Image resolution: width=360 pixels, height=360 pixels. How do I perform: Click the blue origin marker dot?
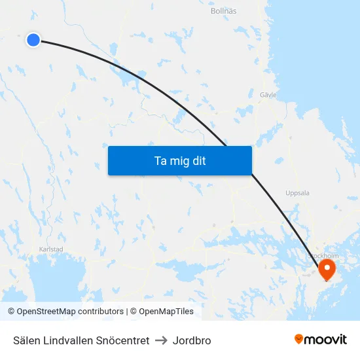pos(33,40)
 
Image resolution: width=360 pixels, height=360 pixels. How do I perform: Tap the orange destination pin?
pos(327,268)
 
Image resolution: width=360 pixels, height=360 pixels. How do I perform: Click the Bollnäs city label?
pos(223,11)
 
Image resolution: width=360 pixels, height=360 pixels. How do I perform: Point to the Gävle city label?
pos(268,95)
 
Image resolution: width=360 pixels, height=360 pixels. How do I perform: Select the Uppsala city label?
pos(297,193)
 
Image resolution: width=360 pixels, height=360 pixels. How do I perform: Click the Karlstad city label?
pos(51,249)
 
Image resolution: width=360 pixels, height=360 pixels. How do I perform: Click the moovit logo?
pos(320,340)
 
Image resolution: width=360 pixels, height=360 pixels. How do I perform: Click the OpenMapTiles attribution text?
pos(166,312)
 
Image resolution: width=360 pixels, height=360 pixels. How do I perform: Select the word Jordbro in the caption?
pos(192,340)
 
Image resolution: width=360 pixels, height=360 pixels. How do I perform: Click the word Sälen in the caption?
pos(26,340)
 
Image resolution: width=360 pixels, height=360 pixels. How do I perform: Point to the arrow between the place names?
pos(161,340)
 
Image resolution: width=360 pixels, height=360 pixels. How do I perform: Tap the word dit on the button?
pos(198,160)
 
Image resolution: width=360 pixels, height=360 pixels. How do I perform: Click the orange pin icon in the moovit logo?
pos(299,339)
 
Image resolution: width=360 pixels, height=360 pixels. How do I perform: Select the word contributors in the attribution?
pos(100,312)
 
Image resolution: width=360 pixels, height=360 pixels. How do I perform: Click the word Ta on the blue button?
pos(160,160)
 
